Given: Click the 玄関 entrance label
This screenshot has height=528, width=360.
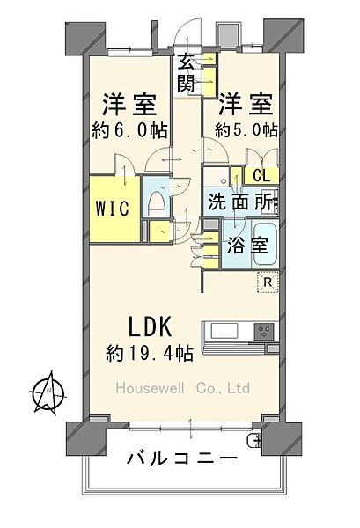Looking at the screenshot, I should [186, 72].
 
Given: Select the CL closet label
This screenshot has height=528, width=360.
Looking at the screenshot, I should [261, 175].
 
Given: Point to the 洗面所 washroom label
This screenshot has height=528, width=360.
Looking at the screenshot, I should [240, 202].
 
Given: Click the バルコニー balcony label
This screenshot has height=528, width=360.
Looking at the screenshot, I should [180, 458].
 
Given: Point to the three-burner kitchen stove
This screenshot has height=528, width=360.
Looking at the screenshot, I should [264, 332].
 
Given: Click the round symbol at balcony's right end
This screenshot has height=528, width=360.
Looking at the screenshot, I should [256, 439].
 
